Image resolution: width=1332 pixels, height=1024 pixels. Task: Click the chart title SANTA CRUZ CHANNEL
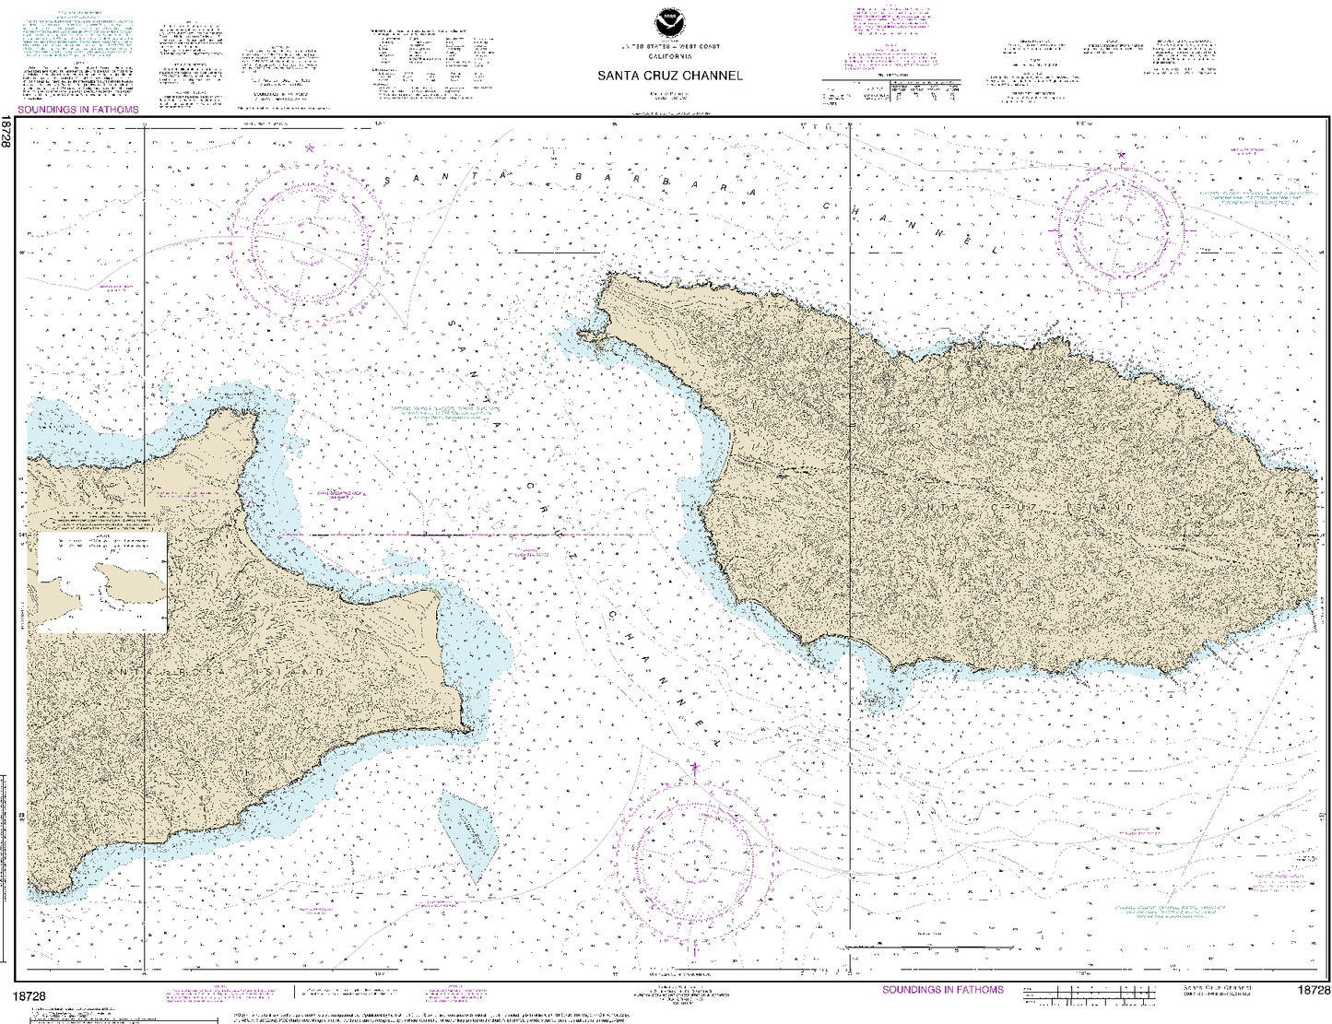tap(669, 76)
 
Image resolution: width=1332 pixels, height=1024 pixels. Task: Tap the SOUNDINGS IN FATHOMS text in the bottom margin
tap(943, 990)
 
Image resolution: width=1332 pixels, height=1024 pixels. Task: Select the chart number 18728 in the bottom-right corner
tap(1313, 990)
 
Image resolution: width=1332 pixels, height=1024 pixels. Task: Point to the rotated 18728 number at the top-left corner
tap(6, 132)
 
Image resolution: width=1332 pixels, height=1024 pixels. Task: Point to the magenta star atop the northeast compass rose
tap(1121, 155)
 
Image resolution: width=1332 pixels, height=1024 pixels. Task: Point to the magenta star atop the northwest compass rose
tap(310, 147)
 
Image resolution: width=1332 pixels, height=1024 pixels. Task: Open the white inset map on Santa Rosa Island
tap(102, 583)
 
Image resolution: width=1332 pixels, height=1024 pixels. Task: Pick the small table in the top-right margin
tap(890, 90)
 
